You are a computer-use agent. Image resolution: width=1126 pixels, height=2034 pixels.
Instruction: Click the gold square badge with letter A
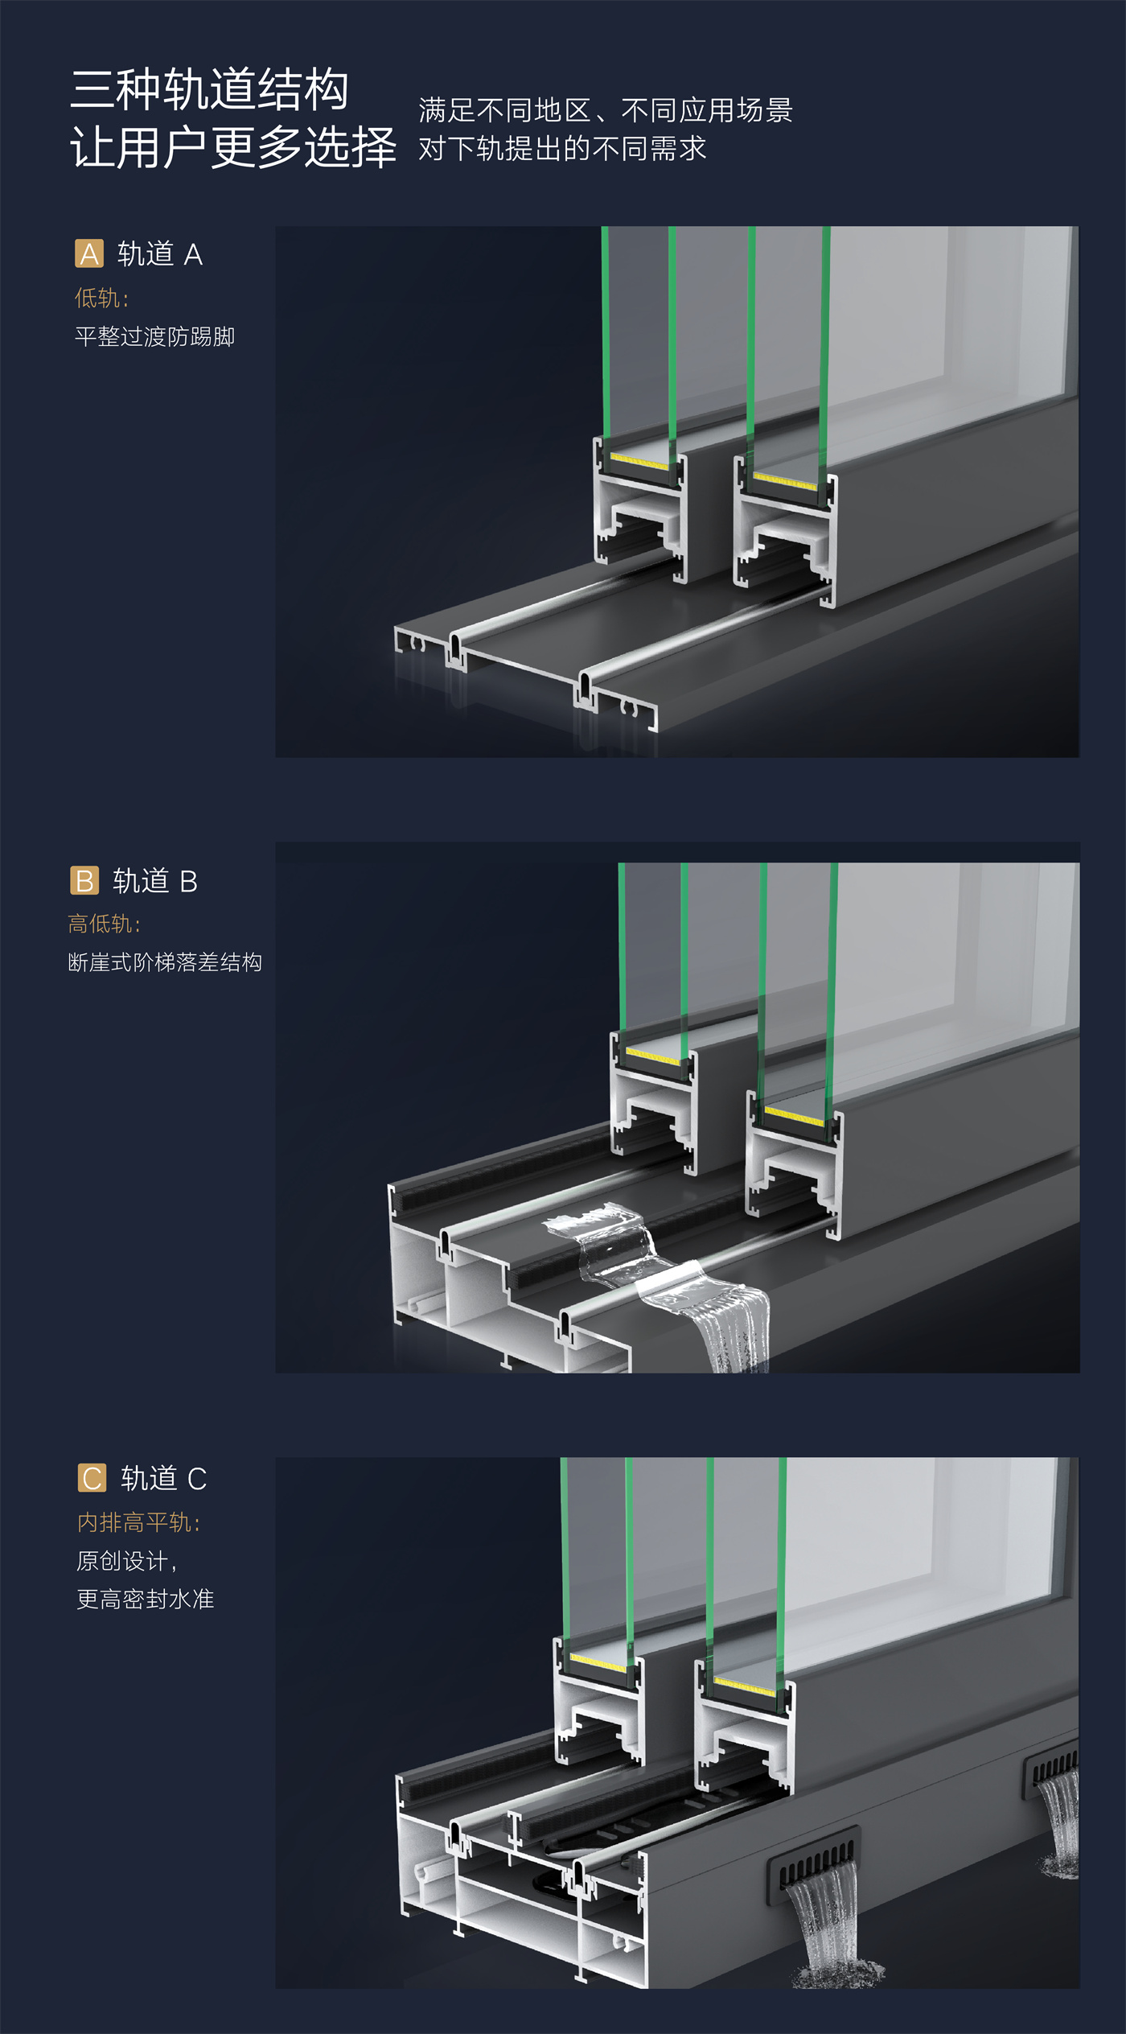89,253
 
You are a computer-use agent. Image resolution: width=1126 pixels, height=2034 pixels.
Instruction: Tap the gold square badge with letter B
84,880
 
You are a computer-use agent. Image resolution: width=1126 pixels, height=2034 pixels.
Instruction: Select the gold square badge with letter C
92,1478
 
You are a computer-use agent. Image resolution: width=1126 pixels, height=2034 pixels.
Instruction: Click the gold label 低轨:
101,299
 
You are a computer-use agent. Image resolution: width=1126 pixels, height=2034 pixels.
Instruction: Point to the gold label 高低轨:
104,924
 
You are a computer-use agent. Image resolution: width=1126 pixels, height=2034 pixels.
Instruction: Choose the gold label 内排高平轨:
138,1522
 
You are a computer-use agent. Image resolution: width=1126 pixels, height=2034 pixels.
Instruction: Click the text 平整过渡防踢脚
154,336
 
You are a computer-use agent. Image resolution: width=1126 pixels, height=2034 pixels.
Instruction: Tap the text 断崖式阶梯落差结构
165,962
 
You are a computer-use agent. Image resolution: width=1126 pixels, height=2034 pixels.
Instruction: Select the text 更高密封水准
146,1599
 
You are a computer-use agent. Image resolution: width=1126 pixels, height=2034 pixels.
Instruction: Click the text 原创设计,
126,1561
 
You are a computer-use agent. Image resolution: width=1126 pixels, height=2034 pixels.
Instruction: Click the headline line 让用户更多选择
233,147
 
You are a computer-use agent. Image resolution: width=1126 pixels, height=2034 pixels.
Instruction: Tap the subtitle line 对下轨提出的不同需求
562,148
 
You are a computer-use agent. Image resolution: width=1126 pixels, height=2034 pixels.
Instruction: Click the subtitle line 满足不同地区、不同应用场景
606,110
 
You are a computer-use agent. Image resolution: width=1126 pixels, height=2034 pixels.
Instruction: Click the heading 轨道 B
155,881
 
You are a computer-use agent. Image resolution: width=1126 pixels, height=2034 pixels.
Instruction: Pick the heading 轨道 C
164,1478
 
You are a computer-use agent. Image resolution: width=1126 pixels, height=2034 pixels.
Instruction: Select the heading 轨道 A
160,254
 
